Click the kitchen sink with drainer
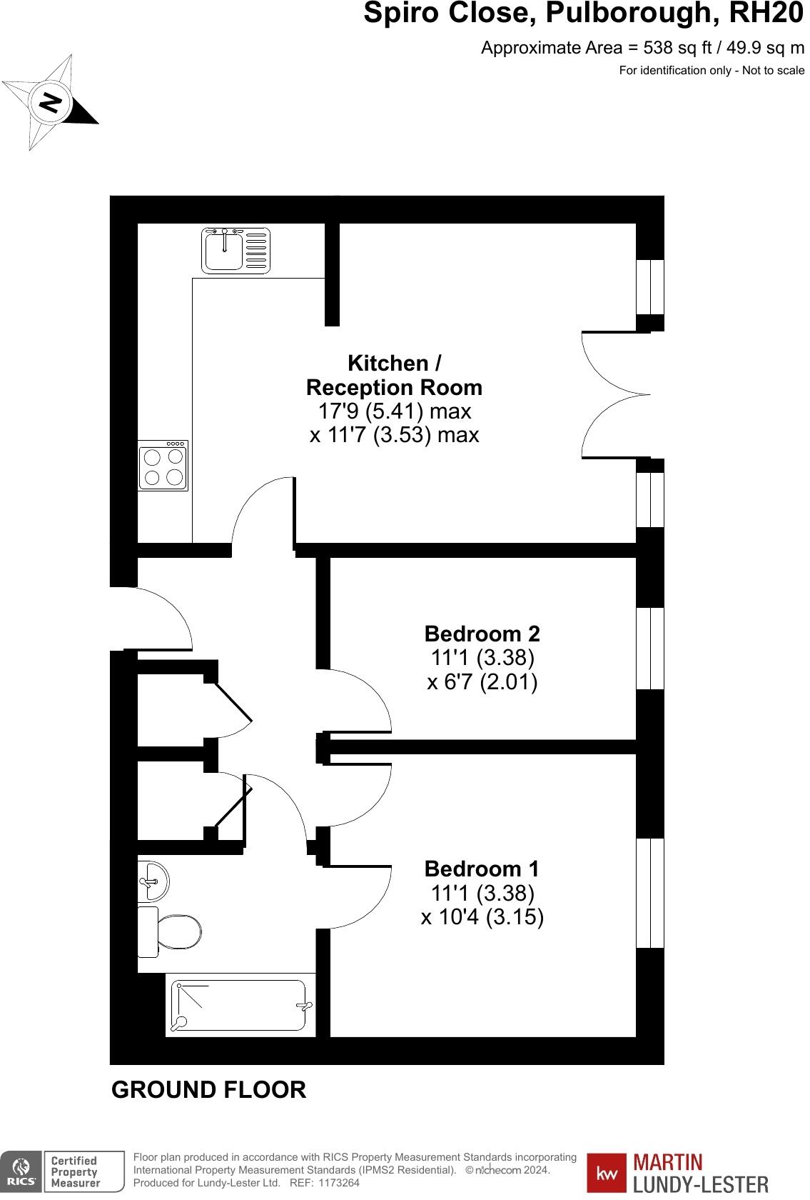coord(236,250)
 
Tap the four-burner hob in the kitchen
coord(163,466)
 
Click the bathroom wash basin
coord(153,881)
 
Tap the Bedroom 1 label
coord(482,869)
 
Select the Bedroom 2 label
coord(482,634)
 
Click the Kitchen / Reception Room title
coord(394,375)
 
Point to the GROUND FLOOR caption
coord(208,1090)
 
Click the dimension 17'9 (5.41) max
coord(394,411)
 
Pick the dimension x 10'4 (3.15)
coord(482,916)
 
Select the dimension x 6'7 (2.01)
coord(482,681)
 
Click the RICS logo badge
coord(21,1171)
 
